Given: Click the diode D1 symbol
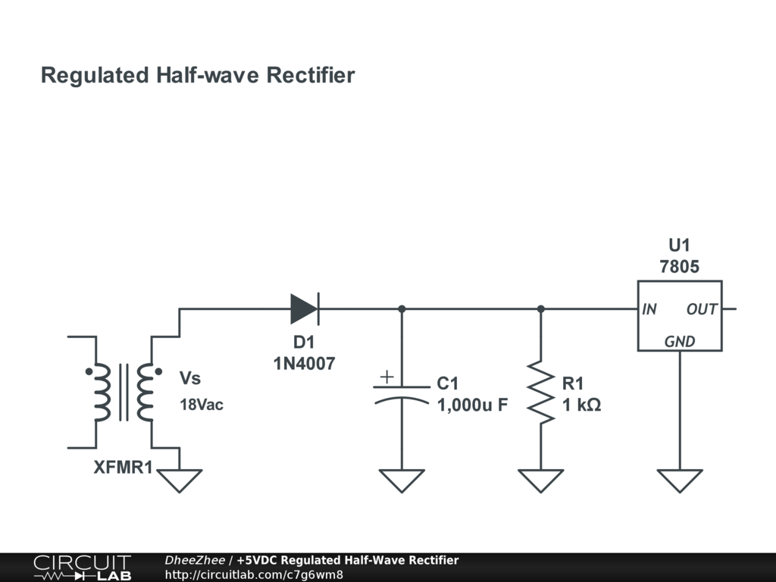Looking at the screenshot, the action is tap(305, 309).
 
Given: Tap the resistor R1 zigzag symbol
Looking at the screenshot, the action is tap(541, 393).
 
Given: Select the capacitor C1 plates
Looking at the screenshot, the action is tap(402, 394).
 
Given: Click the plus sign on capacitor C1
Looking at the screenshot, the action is tap(387, 377).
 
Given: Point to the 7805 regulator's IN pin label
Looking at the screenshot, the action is tap(649, 309).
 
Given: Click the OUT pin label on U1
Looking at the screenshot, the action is tap(702, 309).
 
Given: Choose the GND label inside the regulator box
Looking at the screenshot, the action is tap(680, 342).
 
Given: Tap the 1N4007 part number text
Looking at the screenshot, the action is tap(305, 364).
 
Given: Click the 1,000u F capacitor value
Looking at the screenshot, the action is tap(473, 405).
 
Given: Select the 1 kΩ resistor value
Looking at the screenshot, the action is tap(581, 405).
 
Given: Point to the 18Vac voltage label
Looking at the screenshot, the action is tap(202, 405).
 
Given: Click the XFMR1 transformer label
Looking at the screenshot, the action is tap(124, 467).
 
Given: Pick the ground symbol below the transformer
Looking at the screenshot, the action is tap(180, 480).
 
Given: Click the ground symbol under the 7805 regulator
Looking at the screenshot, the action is tap(680, 480).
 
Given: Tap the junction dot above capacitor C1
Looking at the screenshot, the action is tap(402, 309).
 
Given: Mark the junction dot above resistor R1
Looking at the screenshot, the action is tap(541, 309).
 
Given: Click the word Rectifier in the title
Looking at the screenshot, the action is tap(311, 75).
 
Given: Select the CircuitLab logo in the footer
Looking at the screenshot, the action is tap(83, 568).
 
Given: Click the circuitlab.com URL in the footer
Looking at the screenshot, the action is tap(254, 574).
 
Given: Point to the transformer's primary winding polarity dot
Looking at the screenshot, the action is tap(89, 371).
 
